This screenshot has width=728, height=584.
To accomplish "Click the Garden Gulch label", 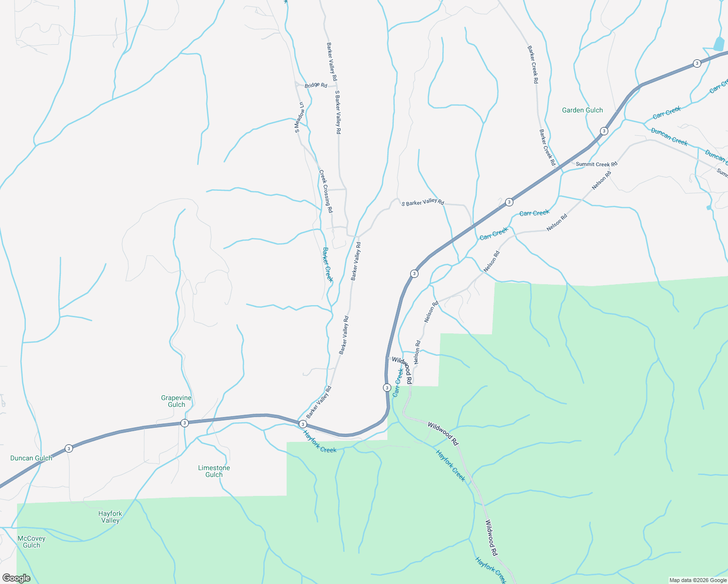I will coord(582,110).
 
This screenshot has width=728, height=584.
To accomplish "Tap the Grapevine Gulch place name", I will coord(176,401).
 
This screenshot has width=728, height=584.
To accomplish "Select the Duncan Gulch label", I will coord(31,458).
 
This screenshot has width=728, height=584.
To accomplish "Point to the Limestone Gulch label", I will coord(214,471).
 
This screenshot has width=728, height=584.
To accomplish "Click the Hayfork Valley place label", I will coord(110,517).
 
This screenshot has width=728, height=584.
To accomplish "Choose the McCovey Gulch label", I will coord(32,542).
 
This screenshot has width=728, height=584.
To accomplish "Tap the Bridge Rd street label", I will coord(316,85).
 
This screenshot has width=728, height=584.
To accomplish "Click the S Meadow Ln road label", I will coord(299,117).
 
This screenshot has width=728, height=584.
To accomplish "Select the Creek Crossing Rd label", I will coord(326,191).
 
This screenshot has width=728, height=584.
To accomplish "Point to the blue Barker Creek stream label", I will coord(328,264).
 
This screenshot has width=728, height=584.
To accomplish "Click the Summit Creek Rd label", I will coord(596,164).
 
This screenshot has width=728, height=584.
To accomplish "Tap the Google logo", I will coord(16,578).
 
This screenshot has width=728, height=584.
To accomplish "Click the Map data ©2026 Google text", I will coord(698,580).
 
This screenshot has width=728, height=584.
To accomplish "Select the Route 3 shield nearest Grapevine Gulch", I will coord(184,423).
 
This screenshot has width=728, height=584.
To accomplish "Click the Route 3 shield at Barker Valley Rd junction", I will coord(303,424).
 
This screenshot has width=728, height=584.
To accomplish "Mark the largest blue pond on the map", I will coord(719,44).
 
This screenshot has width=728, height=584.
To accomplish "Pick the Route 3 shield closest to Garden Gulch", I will coord(604,131).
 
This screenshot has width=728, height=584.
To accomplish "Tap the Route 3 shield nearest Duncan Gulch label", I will coord(69,448).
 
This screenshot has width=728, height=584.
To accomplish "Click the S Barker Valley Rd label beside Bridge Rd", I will coord(337,111).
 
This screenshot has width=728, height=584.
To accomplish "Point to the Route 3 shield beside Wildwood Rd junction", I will coord(387,387).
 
